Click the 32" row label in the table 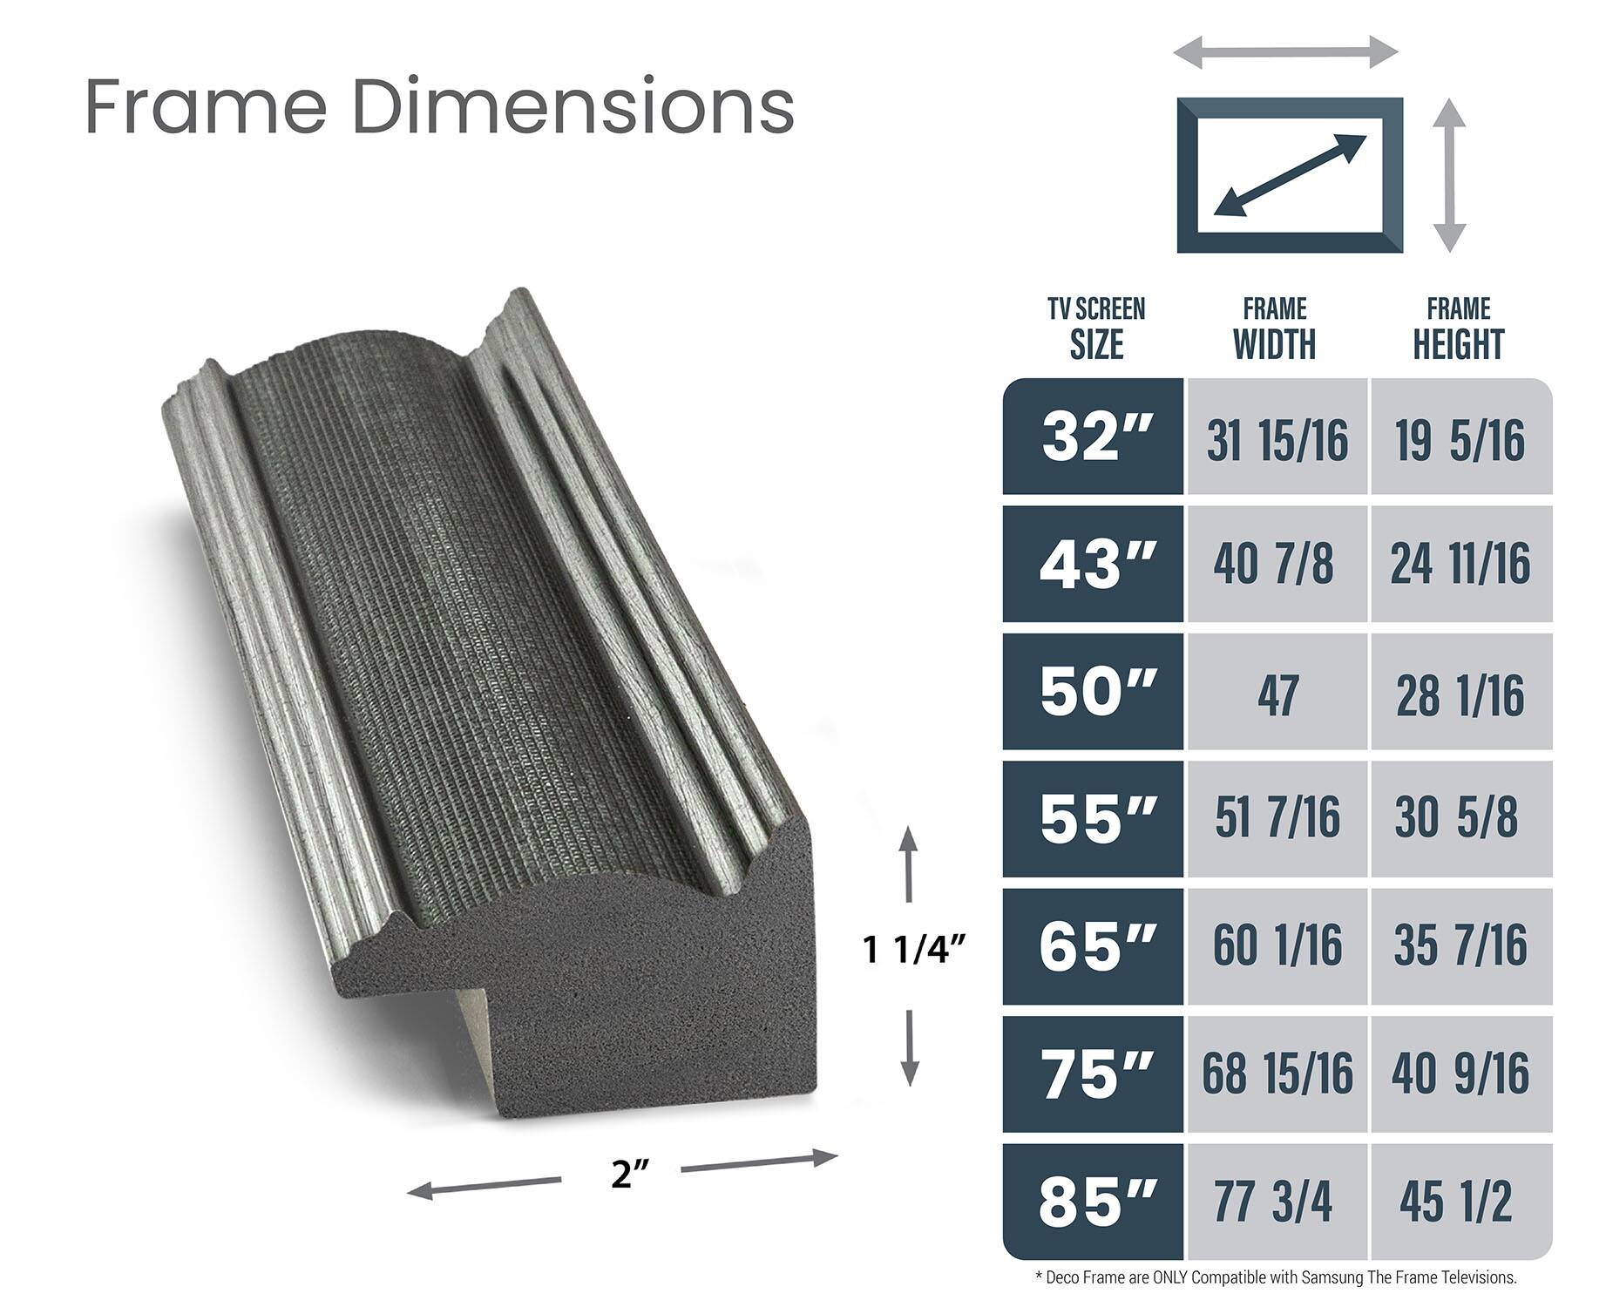coord(1095,437)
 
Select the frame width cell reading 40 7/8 coord(1275,564)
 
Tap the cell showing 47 coord(1277,694)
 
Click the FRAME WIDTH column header coord(1275,329)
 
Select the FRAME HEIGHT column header coord(1459,329)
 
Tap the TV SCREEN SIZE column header coord(1096,329)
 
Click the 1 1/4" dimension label coord(914,950)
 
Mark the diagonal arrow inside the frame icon coord(1290,175)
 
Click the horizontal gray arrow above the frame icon coord(1286,51)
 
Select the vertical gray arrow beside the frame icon coord(1449,175)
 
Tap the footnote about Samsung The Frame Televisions coord(1277,1278)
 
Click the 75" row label coord(1095,1074)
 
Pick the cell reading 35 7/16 coord(1459,946)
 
